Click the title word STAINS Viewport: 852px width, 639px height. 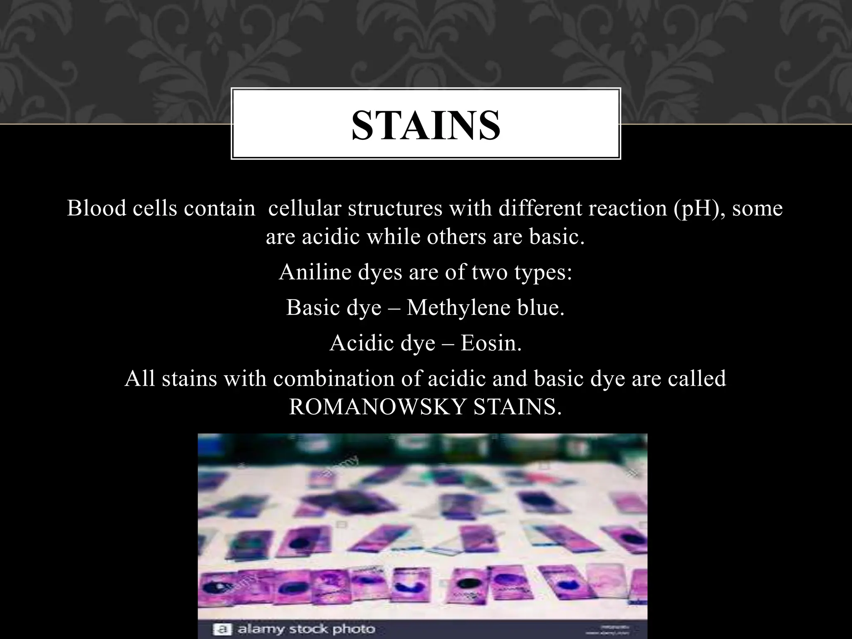click(426, 125)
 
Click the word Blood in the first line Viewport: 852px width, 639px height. click(96, 208)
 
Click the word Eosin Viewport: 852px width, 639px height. click(490, 344)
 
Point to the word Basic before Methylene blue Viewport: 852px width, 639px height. click(312, 308)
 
